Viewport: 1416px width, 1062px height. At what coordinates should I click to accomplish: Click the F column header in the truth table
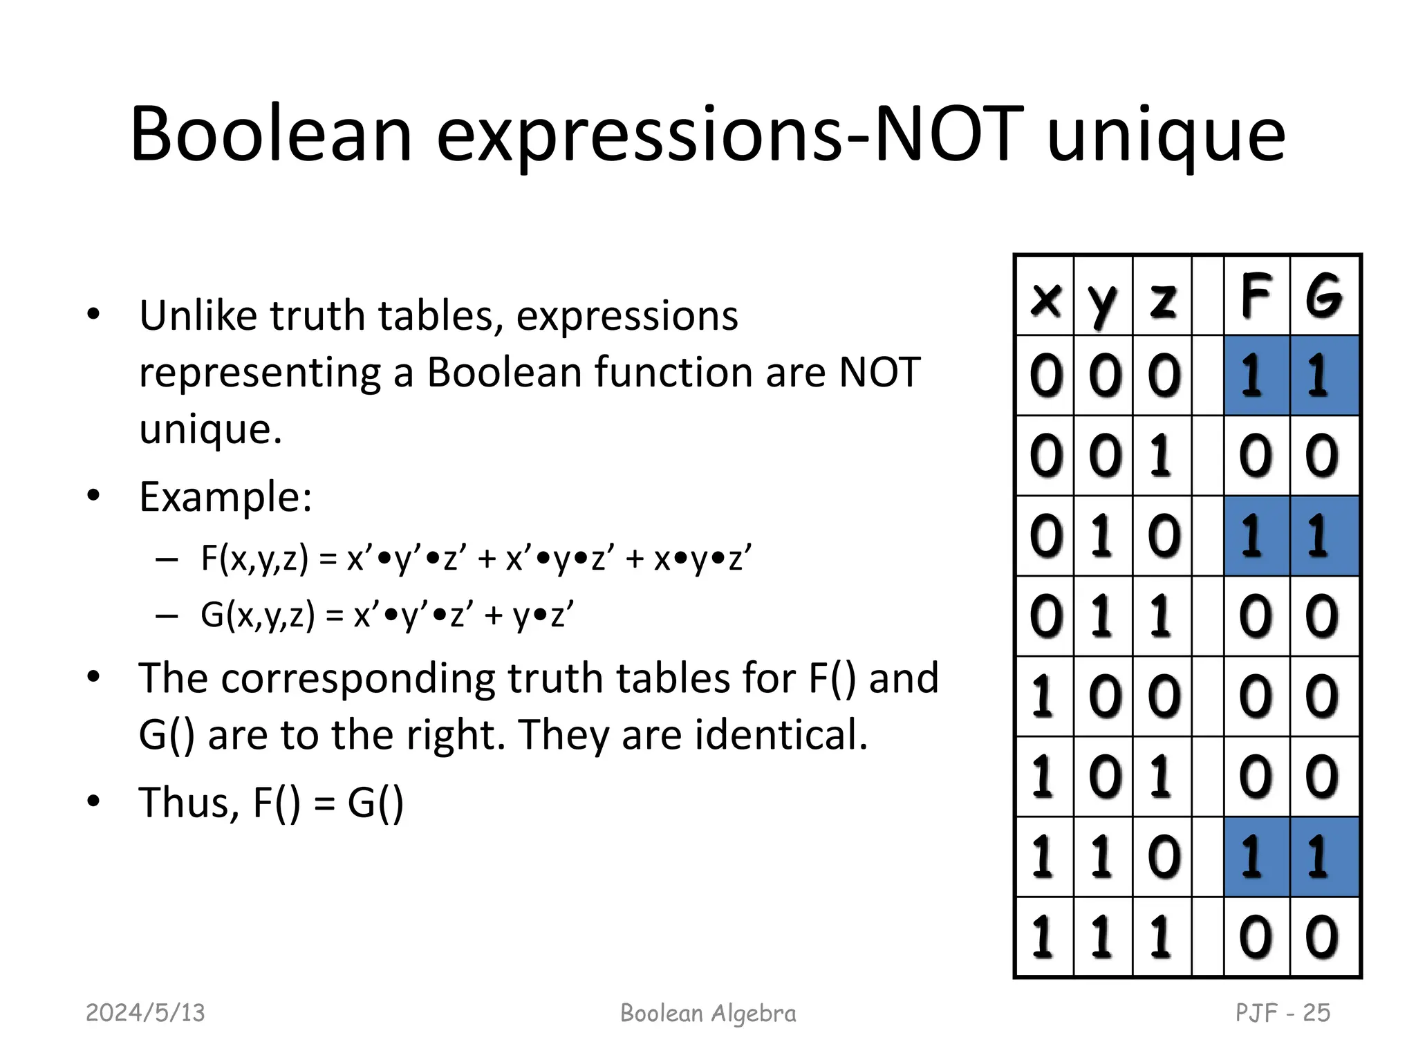(x=1256, y=296)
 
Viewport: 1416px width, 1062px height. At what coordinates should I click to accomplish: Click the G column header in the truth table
(x=1324, y=296)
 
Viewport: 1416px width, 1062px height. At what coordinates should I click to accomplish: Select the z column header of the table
(x=1162, y=299)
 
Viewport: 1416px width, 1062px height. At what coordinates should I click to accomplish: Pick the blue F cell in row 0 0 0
(x=1256, y=375)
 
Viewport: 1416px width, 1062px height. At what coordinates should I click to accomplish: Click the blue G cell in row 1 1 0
(x=1324, y=857)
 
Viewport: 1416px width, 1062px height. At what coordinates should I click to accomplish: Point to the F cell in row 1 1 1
(x=1256, y=937)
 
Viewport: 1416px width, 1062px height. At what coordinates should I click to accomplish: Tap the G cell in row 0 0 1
(x=1324, y=456)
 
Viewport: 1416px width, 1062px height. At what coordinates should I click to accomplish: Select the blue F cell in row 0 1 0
(x=1256, y=536)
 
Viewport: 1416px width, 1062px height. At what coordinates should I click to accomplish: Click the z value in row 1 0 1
(x=1162, y=776)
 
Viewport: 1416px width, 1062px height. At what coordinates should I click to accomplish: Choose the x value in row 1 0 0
(x=1045, y=696)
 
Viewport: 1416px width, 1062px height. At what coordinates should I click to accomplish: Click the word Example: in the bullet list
(x=225, y=496)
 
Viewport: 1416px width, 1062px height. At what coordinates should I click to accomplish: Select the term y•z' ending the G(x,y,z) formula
(x=543, y=615)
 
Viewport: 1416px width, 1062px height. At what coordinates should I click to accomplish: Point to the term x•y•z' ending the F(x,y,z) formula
(x=702, y=558)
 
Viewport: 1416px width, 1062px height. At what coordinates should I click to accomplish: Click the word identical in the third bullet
(x=781, y=734)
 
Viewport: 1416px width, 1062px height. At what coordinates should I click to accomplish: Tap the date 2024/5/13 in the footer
(x=145, y=1013)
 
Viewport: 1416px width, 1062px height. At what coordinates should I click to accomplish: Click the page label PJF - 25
(x=1283, y=1013)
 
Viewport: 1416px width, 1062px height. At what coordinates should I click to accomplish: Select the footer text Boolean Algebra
(x=708, y=1013)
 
